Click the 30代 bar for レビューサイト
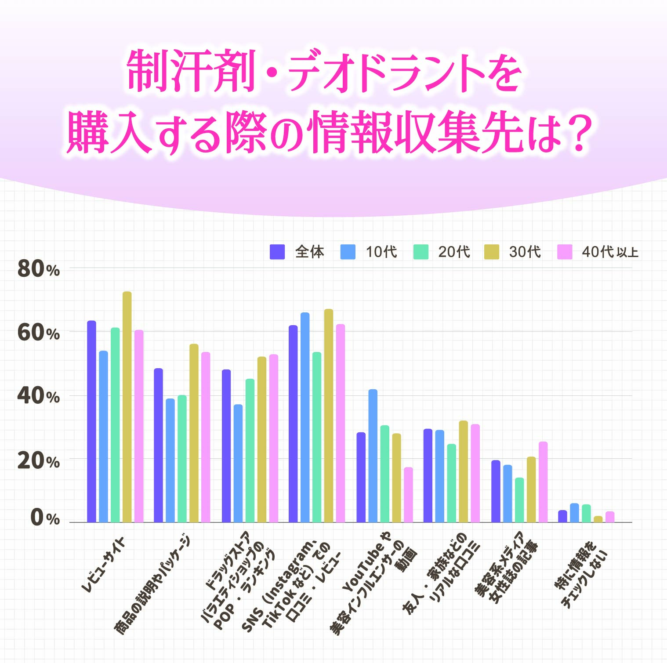pos(127,407)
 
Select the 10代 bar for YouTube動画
pos(373,456)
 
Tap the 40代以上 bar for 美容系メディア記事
pos(543,482)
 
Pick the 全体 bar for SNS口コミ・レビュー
pos(293,424)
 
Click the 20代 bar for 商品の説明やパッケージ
pos(182,459)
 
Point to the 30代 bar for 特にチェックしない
pos(598,519)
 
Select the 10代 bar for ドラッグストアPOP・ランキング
pos(238,464)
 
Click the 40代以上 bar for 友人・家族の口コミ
pos(475,473)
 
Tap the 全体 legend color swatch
pos(277,252)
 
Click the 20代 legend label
pos(454,252)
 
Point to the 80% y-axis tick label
pos(38,268)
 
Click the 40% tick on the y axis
pos(38,396)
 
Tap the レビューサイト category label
pos(105,565)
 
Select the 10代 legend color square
pos(348,252)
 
